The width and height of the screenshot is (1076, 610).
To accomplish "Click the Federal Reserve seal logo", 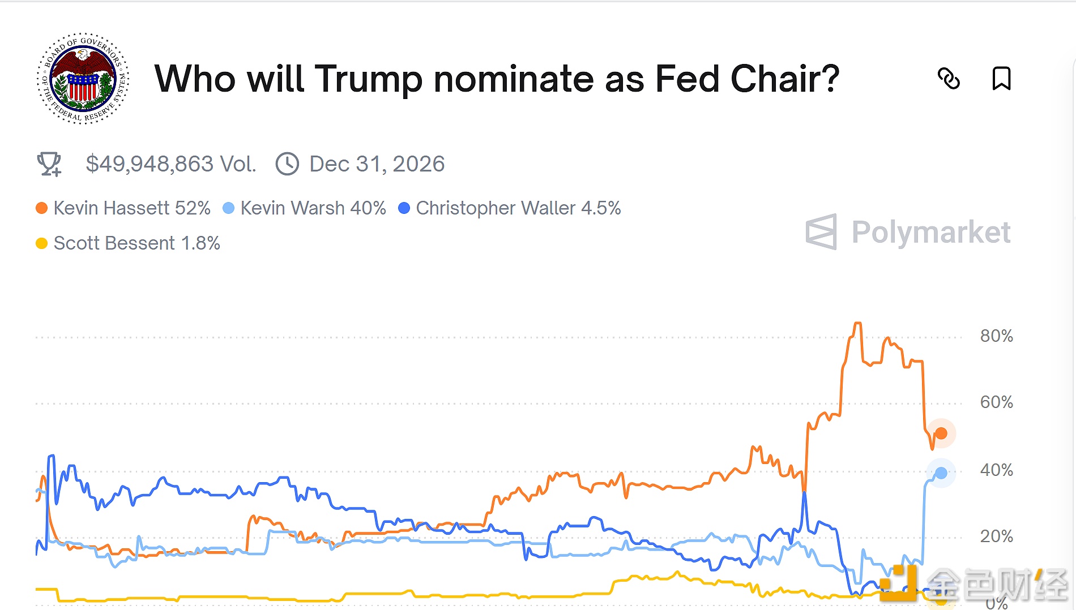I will (x=83, y=78).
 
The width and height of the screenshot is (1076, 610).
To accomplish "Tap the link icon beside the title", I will (x=949, y=79).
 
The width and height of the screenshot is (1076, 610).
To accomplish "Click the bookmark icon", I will (x=1001, y=79).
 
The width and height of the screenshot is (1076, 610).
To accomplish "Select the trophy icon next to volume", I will (x=49, y=164).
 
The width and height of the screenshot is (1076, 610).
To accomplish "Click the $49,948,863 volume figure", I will (x=170, y=164).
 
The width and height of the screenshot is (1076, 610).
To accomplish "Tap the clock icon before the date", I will (x=287, y=164).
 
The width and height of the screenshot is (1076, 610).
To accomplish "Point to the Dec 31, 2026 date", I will (x=377, y=164).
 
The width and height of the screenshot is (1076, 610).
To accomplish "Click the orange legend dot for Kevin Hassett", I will (x=41, y=208).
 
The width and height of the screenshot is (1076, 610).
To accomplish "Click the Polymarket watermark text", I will (x=930, y=232).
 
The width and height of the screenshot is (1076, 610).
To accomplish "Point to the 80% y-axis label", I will (x=996, y=336).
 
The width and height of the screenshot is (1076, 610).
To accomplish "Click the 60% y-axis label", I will (x=996, y=402).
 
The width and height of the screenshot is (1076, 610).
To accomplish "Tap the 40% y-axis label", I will (x=996, y=470).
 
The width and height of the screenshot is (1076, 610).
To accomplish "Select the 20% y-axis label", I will (x=996, y=536).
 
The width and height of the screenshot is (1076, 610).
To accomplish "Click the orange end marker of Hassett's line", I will (x=941, y=433).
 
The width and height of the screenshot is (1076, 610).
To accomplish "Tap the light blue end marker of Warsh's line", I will (x=941, y=473).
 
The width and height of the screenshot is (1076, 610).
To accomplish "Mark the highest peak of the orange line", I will (x=857, y=323).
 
